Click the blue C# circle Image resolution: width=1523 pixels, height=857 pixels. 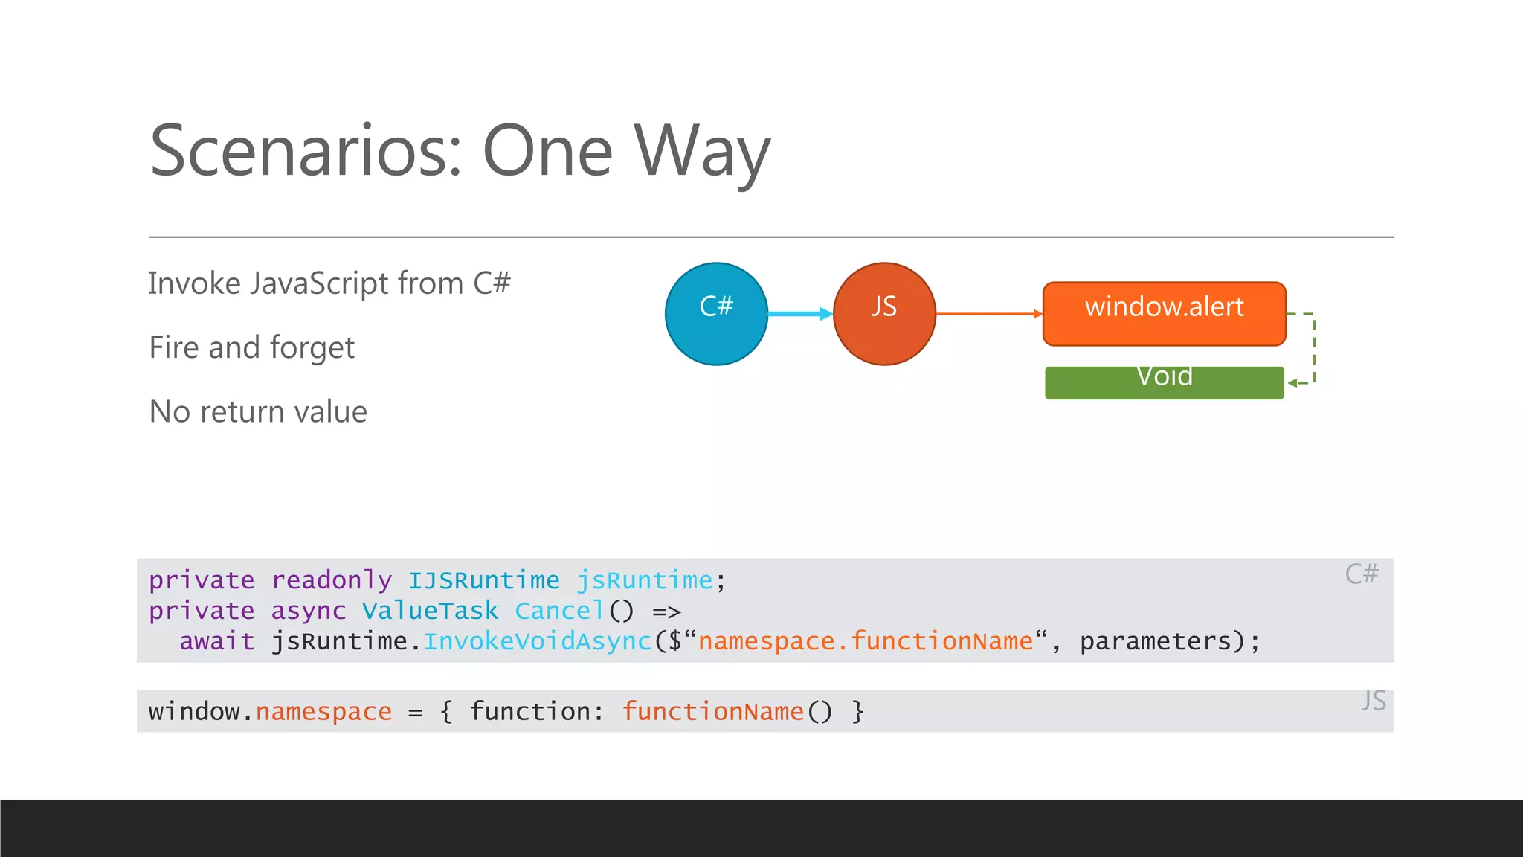pos(716,314)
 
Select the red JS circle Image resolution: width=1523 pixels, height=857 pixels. pos(884,314)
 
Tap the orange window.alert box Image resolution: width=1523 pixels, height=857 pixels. pos(1164,313)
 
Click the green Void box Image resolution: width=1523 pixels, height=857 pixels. pos(1164,382)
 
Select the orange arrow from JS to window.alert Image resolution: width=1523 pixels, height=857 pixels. pos(989,314)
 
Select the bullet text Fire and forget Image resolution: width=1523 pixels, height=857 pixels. pos(252,347)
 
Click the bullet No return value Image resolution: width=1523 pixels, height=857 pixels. pos(258,411)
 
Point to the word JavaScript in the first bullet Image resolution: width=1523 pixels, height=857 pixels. pos(319,284)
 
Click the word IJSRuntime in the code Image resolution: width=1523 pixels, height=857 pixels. pos(483,580)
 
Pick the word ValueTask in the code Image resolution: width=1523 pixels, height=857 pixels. pos(430,611)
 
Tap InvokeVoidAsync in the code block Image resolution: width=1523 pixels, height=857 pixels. pos(537,641)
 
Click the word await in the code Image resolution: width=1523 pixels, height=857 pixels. pos(216,641)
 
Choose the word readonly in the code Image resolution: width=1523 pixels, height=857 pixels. pos(331,580)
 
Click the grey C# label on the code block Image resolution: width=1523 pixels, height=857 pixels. pos(1361,574)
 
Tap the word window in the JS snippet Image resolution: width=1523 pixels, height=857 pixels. pos(194,712)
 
